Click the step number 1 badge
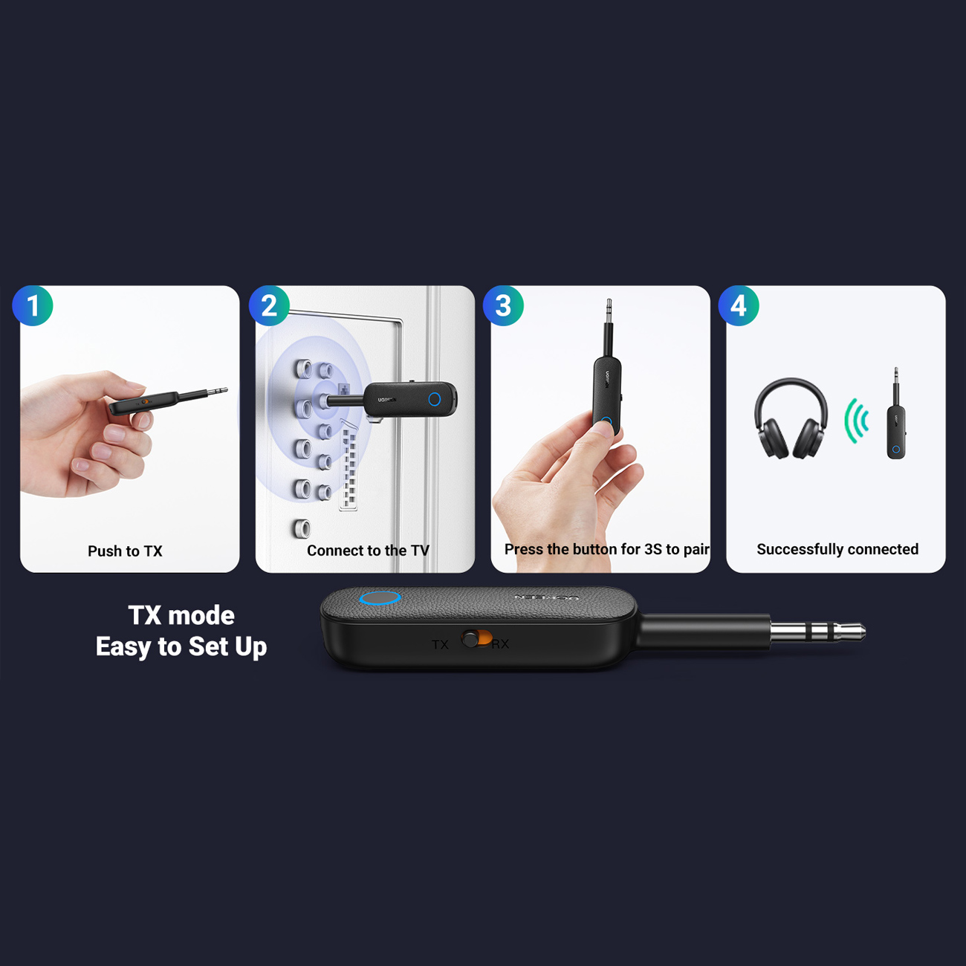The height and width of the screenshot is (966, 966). (x=33, y=305)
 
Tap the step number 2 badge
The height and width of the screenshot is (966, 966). (x=269, y=305)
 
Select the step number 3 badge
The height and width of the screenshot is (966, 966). (x=503, y=305)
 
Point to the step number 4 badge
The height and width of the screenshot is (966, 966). (x=739, y=305)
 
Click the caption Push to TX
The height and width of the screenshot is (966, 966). (x=125, y=551)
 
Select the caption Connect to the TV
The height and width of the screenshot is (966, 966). (x=368, y=551)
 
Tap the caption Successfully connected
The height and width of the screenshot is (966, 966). (x=837, y=549)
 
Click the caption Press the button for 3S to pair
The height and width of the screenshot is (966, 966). (x=606, y=549)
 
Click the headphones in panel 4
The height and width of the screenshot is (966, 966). (x=791, y=418)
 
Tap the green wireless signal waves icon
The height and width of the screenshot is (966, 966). (x=856, y=421)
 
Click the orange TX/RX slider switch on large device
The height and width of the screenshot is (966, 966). (x=477, y=638)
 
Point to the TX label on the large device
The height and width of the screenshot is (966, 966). (x=440, y=645)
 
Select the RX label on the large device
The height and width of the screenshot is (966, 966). (x=500, y=644)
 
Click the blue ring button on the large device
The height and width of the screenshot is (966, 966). (x=380, y=597)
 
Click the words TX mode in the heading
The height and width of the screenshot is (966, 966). (x=181, y=615)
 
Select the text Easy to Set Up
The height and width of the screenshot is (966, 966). (x=181, y=646)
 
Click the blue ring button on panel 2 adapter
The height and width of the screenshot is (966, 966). (x=435, y=399)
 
